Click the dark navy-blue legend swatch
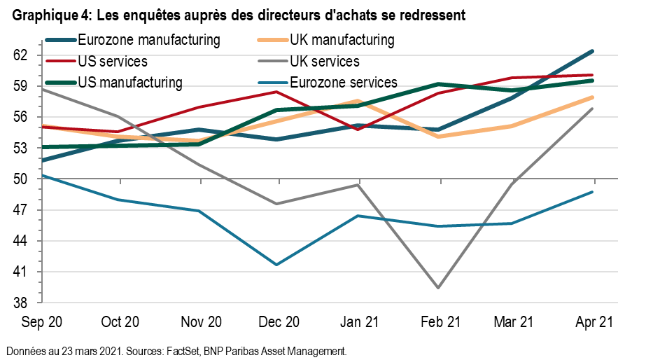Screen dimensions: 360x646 (61, 40)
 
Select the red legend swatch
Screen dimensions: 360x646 (61, 61)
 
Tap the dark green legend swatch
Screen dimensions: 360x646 (61, 83)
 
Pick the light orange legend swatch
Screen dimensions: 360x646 (273, 40)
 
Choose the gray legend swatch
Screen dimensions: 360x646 (273, 61)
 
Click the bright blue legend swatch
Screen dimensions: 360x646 (273, 83)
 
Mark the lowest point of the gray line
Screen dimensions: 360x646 (438, 288)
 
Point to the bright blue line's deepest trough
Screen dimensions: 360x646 (276, 265)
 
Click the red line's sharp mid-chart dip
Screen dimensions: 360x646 (357, 130)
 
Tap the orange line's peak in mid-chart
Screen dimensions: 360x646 (358, 101)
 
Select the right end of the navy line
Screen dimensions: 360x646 (592, 51)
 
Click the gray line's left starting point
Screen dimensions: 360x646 (42, 89)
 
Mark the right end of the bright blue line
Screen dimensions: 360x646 (593, 192)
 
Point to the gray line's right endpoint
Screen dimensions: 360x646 (593, 109)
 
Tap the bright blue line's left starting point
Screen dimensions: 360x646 (42, 175)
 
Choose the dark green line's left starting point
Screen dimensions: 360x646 (42, 147)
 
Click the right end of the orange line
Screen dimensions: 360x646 (593, 97)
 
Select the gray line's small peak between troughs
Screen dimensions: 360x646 (358, 185)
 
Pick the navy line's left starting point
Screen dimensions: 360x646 (42, 161)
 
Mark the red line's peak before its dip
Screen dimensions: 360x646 (277, 92)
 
